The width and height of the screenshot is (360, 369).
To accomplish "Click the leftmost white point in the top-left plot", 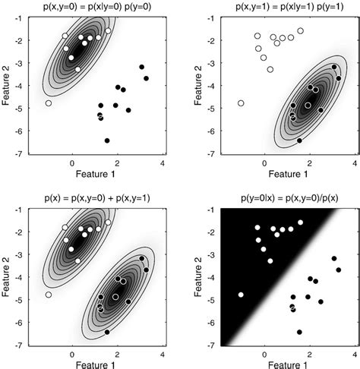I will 49,103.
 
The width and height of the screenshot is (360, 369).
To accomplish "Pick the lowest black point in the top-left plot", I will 107,140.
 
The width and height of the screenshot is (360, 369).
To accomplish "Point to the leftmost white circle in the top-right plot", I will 241,103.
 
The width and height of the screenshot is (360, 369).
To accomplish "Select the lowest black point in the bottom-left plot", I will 107,332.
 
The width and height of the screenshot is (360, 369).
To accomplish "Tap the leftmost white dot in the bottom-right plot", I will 241,295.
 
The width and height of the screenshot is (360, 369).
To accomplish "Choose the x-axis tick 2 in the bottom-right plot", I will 310,355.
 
